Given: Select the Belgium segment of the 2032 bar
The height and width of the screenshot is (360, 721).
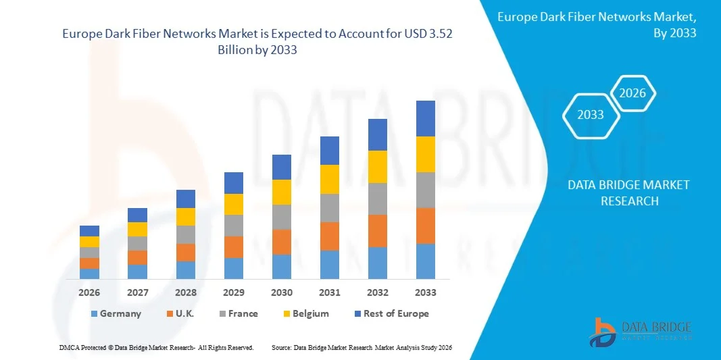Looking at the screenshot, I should tap(378, 167).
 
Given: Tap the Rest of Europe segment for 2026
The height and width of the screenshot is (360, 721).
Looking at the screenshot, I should tap(89, 231).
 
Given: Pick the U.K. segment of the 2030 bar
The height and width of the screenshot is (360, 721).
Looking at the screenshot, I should tap(282, 242).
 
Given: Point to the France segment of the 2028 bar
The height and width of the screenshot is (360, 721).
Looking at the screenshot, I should tap(186, 234).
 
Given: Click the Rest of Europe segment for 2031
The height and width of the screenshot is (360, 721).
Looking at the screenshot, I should tap(330, 151).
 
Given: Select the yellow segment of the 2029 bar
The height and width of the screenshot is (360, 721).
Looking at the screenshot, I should tap(234, 204).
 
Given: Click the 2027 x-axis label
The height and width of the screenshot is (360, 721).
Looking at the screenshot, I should tap(137, 292).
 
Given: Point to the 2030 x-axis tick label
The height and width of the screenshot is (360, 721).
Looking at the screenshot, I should tap(282, 292).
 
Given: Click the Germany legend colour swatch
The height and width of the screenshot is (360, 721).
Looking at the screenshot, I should tap(94, 314).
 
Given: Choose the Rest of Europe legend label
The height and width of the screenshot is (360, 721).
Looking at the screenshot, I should tap(396, 313).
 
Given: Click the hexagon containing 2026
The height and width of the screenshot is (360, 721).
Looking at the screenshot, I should tap(633, 94).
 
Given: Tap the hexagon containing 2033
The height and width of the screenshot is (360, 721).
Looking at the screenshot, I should tap(591, 115).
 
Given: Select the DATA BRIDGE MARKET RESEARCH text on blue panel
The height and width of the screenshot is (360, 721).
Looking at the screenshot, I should tap(628, 193).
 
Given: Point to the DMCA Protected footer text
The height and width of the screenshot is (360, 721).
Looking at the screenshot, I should tap(156, 347).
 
